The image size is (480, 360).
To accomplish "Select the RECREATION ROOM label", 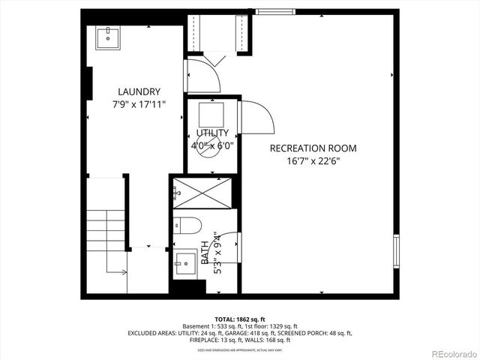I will (x=313, y=148).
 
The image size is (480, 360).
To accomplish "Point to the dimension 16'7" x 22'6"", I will (x=313, y=161).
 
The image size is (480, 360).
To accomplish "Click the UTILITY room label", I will (x=212, y=133).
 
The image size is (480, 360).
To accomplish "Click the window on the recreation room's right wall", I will (x=395, y=251).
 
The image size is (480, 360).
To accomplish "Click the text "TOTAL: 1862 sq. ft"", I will (x=239, y=319).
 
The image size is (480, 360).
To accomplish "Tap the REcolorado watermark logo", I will (x=451, y=352).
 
